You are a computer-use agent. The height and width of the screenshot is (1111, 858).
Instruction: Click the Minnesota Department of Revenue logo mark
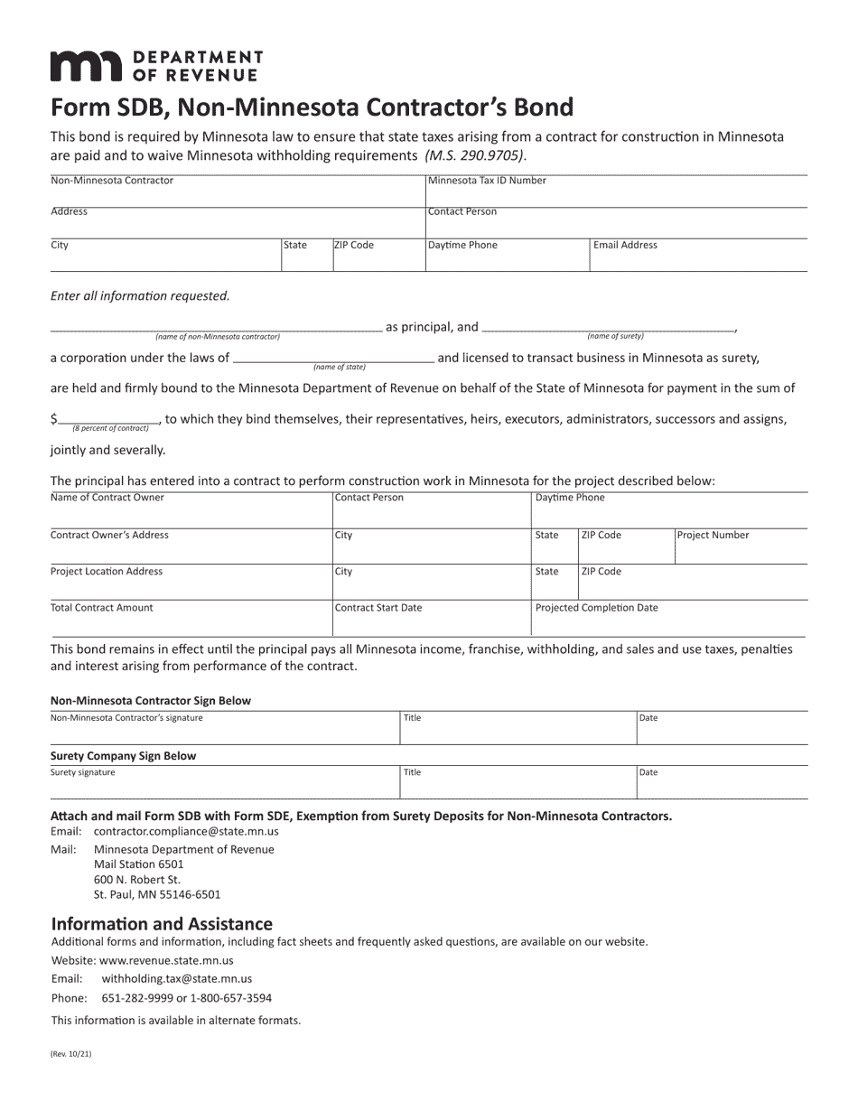[85, 66]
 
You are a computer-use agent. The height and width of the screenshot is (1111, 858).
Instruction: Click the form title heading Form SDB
[312, 107]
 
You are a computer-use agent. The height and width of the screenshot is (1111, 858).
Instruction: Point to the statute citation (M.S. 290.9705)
[474, 155]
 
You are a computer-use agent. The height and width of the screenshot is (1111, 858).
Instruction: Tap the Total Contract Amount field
[191, 620]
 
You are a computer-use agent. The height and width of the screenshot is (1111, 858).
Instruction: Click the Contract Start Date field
[431, 620]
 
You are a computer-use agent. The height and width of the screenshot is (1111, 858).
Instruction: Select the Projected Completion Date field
[668, 620]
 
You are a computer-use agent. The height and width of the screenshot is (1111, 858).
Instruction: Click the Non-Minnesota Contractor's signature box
[224, 730]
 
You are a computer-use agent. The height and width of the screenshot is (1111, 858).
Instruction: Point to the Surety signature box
[224, 784]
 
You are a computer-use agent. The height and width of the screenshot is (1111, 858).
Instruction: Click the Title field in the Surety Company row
[518, 784]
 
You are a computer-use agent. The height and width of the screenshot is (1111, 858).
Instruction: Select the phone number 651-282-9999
[137, 998]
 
